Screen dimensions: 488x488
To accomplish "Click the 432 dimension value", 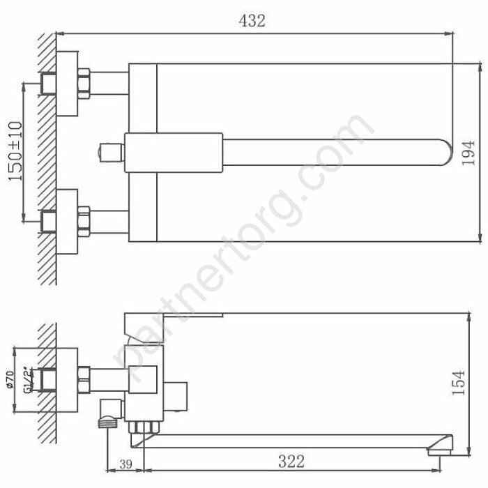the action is coord(252,21).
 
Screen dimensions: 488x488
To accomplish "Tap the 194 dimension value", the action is coord(468,153).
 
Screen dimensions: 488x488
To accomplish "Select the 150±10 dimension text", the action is coord(15,151).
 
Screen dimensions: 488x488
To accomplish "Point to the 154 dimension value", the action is coord(458,383).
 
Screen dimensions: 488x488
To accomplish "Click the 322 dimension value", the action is coord(291,462).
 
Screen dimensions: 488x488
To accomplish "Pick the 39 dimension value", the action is coord(125,464).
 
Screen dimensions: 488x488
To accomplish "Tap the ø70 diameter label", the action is coord(10,380).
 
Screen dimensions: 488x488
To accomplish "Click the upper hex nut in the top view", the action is coord(84,84).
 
